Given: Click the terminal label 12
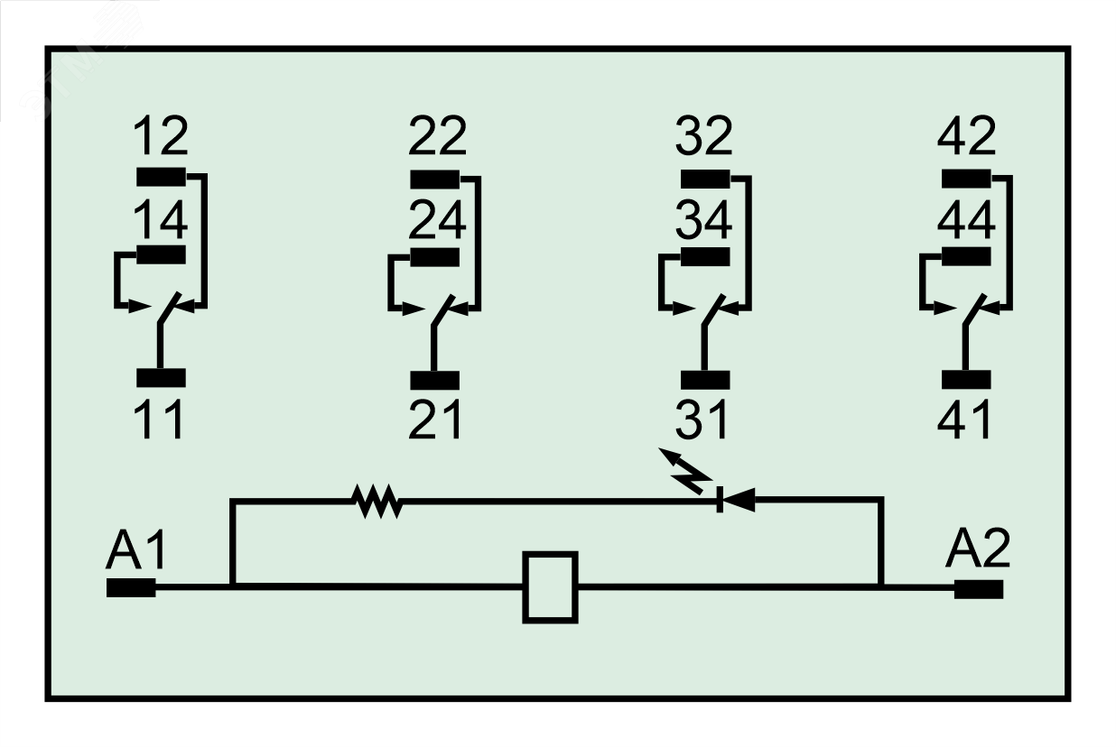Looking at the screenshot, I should pos(161,136).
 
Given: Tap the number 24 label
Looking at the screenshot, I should pos(437,220).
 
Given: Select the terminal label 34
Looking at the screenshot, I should pos(704,220).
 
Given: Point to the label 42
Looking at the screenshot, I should pos(966,136).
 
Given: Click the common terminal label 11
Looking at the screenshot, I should pos(160,419).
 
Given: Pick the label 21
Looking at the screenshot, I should pos(435,419).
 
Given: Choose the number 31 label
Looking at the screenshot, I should pos(702,419).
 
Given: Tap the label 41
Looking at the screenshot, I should pos(964,419).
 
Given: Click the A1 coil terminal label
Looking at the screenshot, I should pos(136,550).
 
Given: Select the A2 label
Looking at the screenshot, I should pos(977,550).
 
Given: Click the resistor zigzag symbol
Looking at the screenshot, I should pos(378,501).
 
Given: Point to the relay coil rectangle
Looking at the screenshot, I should pos(550,587).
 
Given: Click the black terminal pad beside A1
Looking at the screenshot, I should pos(131,588).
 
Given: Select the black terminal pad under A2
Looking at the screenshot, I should pos(979,589).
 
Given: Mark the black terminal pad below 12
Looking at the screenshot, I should pos(161,176).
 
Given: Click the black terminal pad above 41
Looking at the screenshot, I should pos(966,379).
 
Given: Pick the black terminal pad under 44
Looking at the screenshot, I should pos(966,255).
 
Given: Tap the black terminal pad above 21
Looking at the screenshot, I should pos(435,380).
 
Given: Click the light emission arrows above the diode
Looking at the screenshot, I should pos(684,468).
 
